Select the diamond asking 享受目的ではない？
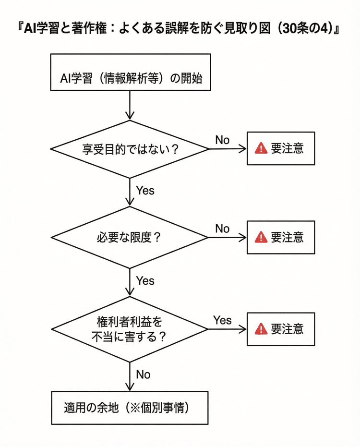130,149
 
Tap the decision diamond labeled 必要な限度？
130,237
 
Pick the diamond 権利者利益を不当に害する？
130,329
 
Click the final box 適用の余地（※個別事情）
130,409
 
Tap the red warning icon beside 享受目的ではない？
261,148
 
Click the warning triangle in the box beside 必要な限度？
261,237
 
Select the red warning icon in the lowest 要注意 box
261,329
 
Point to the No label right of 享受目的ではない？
222,140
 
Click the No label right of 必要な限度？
222,229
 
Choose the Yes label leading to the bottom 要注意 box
222,320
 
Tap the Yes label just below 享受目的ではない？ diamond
145,191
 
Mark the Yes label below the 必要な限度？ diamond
145,280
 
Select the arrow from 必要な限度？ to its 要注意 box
227,237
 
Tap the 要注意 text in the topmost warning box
287,148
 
